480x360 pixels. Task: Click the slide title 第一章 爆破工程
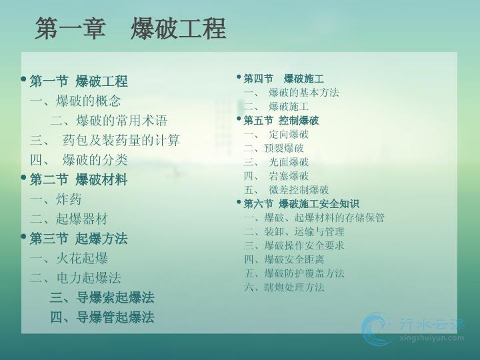click(x=131, y=28)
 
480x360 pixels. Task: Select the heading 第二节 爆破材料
click(x=79, y=179)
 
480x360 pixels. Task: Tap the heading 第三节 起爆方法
click(x=79, y=239)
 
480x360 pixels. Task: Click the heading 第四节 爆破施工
click(x=284, y=79)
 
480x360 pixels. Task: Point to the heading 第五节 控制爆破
click(x=281, y=120)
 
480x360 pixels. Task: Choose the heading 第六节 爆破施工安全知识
click(x=301, y=203)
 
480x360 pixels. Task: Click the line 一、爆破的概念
click(x=75, y=101)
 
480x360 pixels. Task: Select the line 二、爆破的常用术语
click(x=109, y=120)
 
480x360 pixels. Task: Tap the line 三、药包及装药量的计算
click(x=105, y=140)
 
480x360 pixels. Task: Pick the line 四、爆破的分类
click(x=79, y=160)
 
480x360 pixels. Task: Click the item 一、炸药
click(x=56, y=199)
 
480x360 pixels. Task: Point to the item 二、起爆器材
click(x=69, y=219)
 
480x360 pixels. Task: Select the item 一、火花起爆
click(x=69, y=258)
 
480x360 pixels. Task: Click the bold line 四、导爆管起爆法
click(x=102, y=317)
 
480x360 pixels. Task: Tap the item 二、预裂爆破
click(x=274, y=148)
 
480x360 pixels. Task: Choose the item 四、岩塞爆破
click(x=276, y=176)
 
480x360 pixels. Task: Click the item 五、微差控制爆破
click(x=286, y=190)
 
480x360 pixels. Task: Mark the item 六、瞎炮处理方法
click(x=284, y=287)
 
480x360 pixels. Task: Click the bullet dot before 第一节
click(x=23, y=79)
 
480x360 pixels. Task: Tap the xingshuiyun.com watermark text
click(x=431, y=338)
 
